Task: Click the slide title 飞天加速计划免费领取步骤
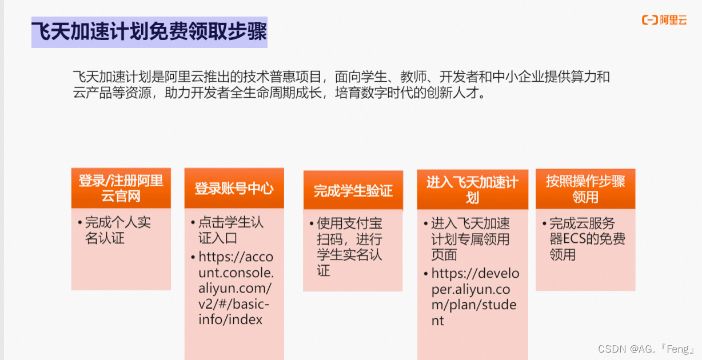[149, 32]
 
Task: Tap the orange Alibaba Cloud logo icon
[649, 20]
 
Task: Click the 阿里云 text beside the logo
[673, 20]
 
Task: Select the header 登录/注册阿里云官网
[121, 189]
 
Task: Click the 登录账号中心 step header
[234, 189]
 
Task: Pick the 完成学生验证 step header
[353, 190]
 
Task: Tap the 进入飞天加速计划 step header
[472, 190]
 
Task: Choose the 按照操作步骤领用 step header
[585, 189]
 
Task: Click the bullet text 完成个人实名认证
[118, 230]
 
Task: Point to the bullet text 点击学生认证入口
[231, 230]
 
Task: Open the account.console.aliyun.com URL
[236, 288]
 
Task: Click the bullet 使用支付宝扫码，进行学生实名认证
[349, 247]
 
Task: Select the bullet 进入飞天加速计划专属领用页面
[470, 239]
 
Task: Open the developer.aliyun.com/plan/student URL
[475, 297]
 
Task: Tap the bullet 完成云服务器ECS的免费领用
[587, 239]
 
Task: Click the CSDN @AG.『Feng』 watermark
[645, 349]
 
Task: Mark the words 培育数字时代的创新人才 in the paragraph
[406, 93]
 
